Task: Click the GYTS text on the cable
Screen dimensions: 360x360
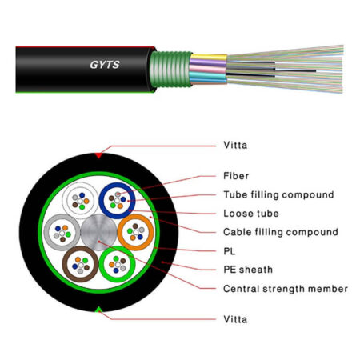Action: tap(105, 65)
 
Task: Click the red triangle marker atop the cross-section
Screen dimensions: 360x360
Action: tap(98, 155)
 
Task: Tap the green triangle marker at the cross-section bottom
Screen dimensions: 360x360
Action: tap(98, 310)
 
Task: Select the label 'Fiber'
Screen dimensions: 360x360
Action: tap(236, 176)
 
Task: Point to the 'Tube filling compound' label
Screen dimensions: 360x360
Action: tap(278, 194)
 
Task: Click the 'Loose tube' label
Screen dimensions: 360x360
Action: tap(251, 214)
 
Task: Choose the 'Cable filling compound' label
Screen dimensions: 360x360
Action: tap(281, 232)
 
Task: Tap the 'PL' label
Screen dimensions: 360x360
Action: tap(229, 251)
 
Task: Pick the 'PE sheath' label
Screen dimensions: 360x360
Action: tap(248, 270)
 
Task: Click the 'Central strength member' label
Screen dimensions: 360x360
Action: tap(286, 289)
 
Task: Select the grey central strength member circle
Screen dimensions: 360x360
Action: tap(98, 232)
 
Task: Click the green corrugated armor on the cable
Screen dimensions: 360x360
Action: tap(170, 69)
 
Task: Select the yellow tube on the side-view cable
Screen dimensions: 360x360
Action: tap(209, 57)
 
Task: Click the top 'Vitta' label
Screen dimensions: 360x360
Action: tap(235, 146)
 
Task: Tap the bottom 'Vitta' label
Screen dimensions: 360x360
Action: tap(235, 319)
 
